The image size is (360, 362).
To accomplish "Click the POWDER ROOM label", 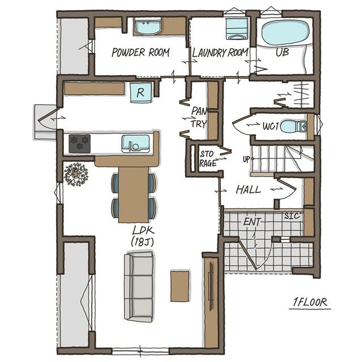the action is [140, 53].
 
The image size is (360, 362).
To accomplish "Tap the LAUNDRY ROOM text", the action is [220, 53].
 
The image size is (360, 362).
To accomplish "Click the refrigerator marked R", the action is [141, 93].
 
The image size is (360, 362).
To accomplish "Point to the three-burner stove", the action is [80, 144].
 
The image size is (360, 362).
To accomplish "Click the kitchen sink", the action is [136, 144].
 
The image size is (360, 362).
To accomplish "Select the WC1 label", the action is [271, 126].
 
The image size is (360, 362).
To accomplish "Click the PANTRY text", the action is [199, 118].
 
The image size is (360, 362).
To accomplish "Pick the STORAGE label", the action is [208, 158].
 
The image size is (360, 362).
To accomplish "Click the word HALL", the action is [248, 190].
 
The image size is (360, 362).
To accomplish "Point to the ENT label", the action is [252, 222].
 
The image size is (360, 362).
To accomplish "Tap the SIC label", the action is [292, 216].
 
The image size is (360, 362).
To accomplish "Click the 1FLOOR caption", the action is [310, 302].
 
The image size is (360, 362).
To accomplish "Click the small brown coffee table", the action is [180, 286].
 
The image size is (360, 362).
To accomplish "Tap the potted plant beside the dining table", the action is [76, 174].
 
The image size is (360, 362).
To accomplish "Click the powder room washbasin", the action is [147, 27].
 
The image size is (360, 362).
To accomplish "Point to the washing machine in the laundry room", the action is [237, 29].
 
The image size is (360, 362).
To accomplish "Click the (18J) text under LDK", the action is [142, 242].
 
